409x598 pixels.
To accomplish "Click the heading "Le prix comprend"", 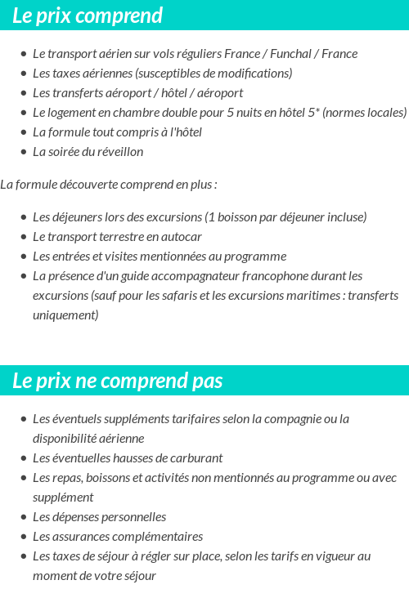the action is point(88,16).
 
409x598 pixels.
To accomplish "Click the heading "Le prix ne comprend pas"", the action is point(118,381).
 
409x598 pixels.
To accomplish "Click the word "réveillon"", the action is point(118,152).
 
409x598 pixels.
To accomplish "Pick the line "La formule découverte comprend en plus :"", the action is point(109,185).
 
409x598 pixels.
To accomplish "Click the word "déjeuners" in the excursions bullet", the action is point(79,217).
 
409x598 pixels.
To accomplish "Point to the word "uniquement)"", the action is point(65,315).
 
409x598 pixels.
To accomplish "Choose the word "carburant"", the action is point(195,458).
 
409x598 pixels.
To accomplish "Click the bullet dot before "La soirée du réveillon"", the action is point(22,152).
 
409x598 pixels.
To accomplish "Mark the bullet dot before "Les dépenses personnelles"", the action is point(22,517).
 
